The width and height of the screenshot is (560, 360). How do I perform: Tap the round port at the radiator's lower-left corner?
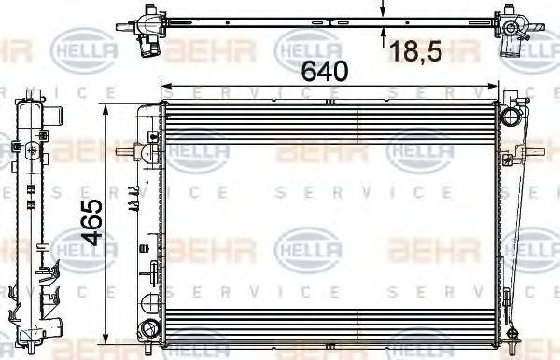[147, 328]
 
